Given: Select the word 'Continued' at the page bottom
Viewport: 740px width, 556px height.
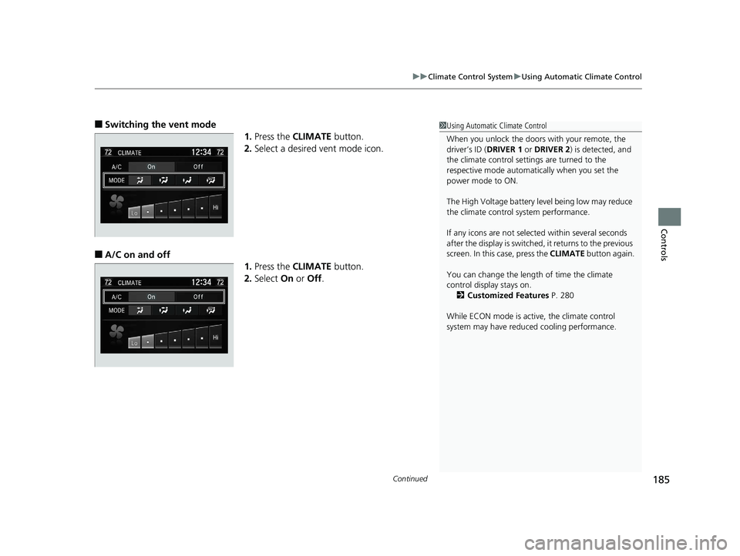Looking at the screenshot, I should [410, 479].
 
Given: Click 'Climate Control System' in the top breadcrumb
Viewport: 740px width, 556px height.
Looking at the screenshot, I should [470, 76].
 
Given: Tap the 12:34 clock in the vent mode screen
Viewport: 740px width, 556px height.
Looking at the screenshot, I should [196, 152].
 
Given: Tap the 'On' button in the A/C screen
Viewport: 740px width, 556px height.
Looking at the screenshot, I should [151, 296].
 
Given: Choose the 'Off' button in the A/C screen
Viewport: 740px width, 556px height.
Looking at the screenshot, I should [198, 296].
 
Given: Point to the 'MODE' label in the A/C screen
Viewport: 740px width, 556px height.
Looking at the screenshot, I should [116, 310].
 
